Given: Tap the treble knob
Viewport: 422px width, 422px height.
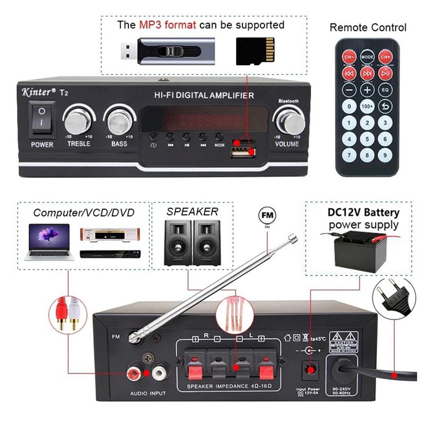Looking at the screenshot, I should [78, 121].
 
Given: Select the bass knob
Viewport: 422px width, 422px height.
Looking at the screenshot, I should [119, 121].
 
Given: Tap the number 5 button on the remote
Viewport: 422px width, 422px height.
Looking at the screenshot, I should [367, 139].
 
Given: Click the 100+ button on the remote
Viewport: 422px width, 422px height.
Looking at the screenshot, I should [367, 107].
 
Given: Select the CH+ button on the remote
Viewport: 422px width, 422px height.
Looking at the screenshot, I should [385, 56].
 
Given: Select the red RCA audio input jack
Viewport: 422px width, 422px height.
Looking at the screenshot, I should [135, 373].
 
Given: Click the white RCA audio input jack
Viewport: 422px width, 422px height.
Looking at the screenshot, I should [159, 373].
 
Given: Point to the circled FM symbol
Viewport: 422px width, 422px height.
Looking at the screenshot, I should [267, 216].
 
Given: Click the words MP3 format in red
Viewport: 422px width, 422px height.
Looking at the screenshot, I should [167, 25].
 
